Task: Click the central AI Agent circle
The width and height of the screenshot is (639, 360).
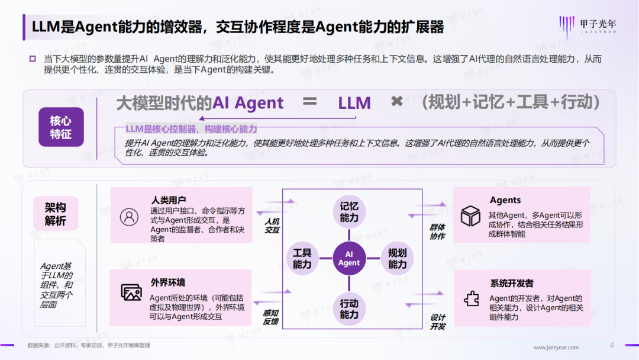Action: [x=349, y=258]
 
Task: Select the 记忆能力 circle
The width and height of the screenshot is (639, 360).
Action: [x=349, y=212]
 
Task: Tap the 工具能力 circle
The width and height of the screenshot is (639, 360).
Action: [x=302, y=259]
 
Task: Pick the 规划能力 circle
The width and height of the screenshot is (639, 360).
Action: [x=397, y=259]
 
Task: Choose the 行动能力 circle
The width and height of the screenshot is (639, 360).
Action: [x=349, y=308]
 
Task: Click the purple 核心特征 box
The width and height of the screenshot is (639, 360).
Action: [x=61, y=127]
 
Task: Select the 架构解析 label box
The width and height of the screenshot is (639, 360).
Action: [x=56, y=214]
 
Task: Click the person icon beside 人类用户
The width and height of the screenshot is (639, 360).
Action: [x=128, y=216]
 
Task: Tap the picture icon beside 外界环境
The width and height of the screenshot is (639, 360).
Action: [x=131, y=292]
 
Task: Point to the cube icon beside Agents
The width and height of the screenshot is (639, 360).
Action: [x=470, y=216]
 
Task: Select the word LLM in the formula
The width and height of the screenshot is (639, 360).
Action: [x=354, y=104]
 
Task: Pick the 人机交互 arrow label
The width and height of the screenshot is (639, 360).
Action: [x=272, y=226]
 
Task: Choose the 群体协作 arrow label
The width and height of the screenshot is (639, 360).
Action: [x=437, y=232]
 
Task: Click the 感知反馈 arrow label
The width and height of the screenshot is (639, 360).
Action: [x=270, y=317]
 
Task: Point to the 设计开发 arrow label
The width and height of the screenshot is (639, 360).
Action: [x=438, y=322]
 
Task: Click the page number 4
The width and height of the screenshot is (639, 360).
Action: [x=612, y=346]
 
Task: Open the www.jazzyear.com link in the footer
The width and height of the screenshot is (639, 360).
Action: [x=556, y=348]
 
